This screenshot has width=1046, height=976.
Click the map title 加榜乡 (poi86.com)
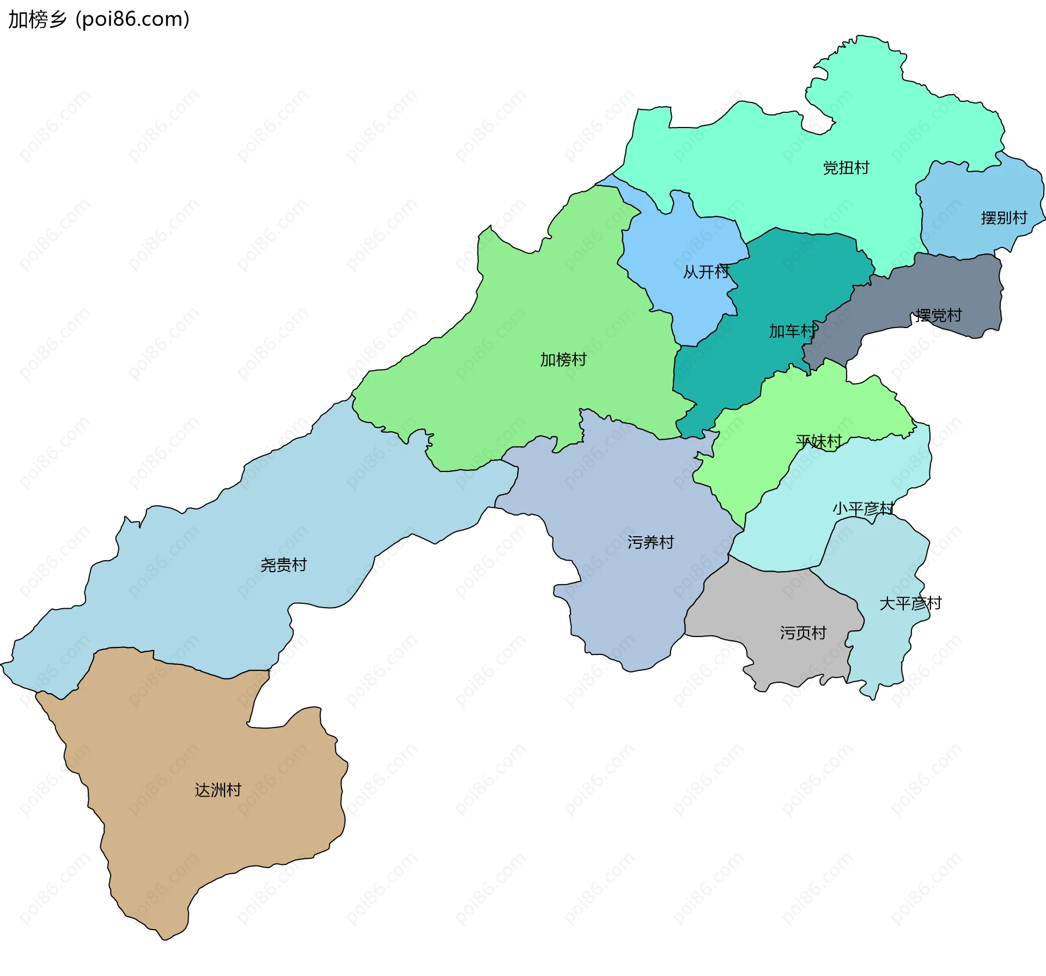pyautogui.click(x=99, y=20)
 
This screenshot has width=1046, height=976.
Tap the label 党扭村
pyautogui.click(x=846, y=168)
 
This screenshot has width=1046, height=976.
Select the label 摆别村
pyautogui.click(x=1004, y=218)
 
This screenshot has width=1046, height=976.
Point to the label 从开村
pyautogui.click(x=706, y=271)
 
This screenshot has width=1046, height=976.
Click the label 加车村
pyautogui.click(x=792, y=331)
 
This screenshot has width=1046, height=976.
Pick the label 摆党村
pyautogui.click(x=938, y=315)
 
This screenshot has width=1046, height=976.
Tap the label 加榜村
pyautogui.click(x=563, y=360)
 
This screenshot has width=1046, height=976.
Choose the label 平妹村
pyautogui.click(x=818, y=441)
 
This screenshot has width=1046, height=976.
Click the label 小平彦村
pyautogui.click(x=863, y=508)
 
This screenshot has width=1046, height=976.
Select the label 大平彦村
pyautogui.click(x=910, y=603)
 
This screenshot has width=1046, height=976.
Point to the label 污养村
pyautogui.click(x=650, y=542)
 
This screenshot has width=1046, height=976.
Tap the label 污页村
pyautogui.click(x=803, y=633)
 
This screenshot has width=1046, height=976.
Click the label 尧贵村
pyautogui.click(x=283, y=565)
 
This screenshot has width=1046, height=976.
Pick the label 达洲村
pyautogui.click(x=218, y=790)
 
